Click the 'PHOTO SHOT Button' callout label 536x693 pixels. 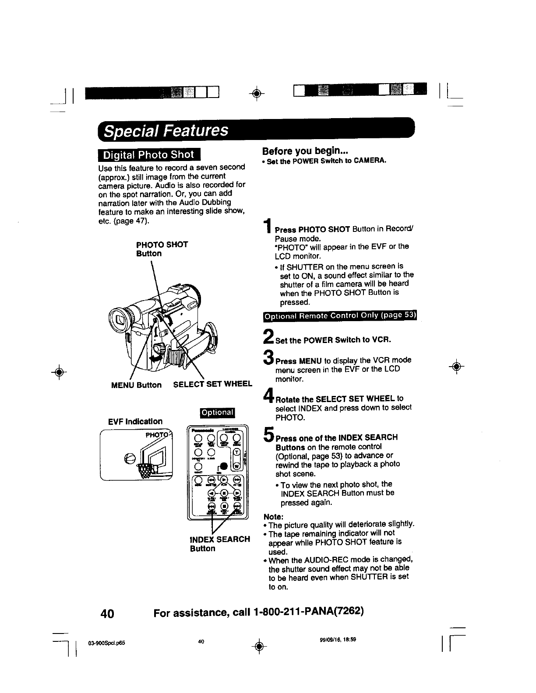tap(162, 249)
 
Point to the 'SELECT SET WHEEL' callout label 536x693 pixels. tap(213, 384)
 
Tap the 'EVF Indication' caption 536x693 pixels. tap(135, 421)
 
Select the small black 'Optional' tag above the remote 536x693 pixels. tap(217, 412)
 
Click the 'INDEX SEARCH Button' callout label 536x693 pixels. tap(220, 543)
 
